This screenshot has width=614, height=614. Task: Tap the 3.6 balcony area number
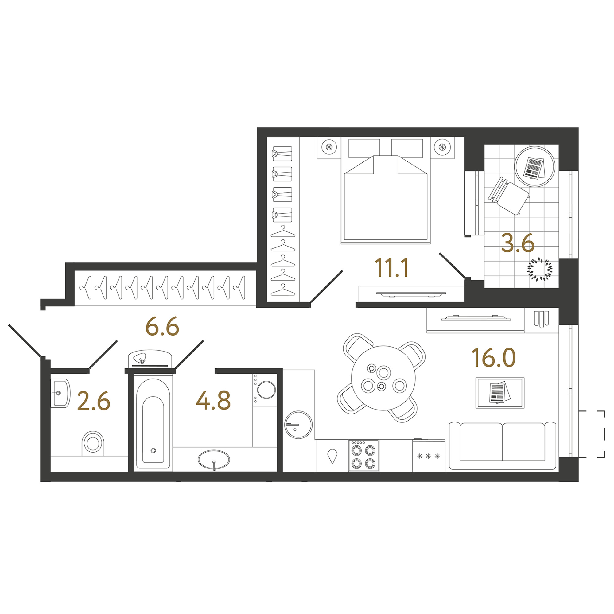pos(518,243)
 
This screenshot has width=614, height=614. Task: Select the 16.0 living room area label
pos(493,358)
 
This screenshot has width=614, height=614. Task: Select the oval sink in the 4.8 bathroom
pos(214,459)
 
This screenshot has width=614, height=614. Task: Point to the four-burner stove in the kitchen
pos(363,455)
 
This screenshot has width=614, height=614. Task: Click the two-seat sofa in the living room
pos(503,445)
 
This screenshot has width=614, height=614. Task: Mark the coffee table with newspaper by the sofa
pos(500,393)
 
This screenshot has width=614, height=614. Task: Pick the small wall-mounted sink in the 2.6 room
pos(60,393)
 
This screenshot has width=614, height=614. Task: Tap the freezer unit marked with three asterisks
pos(429,455)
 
